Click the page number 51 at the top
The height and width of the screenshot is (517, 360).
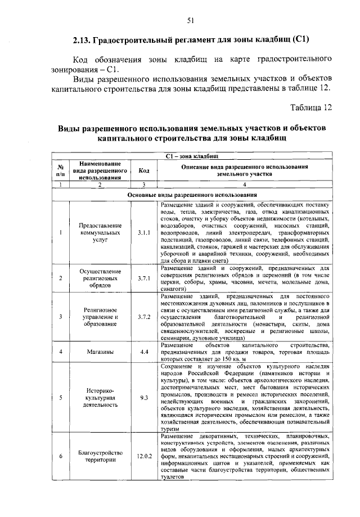pyautogui.click(x=190, y=21)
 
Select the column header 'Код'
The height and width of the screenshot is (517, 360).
pyautogui.click(x=143, y=170)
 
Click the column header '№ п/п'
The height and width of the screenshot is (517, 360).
pyautogui.click(x=60, y=170)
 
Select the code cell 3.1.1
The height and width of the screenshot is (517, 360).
pyautogui.click(x=143, y=231)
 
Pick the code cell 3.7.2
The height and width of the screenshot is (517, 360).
pyautogui.click(x=143, y=317)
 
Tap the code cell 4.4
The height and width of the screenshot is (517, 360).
pyautogui.click(x=143, y=352)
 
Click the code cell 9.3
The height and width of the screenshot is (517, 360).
pyautogui.click(x=143, y=398)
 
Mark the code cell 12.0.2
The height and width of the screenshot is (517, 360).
pyautogui.click(x=143, y=455)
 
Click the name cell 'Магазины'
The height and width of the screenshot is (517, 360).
pyautogui.click(x=100, y=352)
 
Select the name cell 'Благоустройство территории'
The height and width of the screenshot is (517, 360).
pyautogui.click(x=100, y=455)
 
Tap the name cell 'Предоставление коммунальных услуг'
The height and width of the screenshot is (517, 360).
pyautogui.click(x=100, y=231)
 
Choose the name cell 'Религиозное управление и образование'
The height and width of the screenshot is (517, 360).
pyautogui.click(x=100, y=317)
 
